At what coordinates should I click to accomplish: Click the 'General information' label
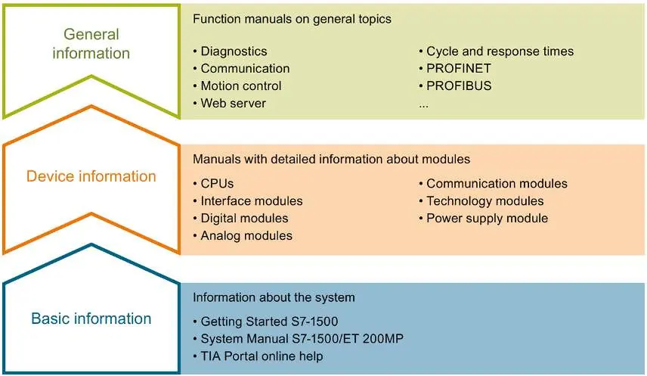click(91, 43)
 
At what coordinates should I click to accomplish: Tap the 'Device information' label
click(91, 176)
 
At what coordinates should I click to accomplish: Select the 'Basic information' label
click(91, 319)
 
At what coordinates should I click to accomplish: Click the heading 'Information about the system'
click(274, 297)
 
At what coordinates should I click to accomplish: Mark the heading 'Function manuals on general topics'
click(292, 19)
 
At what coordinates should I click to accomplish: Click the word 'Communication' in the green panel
click(245, 69)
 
